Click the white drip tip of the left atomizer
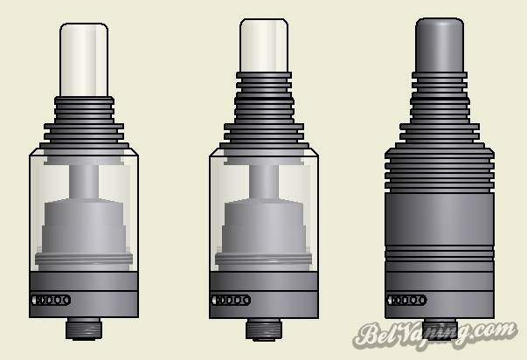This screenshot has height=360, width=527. pyautogui.click(x=84, y=59)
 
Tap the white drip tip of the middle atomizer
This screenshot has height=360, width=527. pyautogui.click(x=264, y=45)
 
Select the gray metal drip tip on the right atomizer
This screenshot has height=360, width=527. pyautogui.click(x=440, y=45)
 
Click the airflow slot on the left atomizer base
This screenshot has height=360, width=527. pyautogui.click(x=51, y=300)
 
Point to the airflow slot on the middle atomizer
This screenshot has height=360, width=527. pyautogui.click(x=231, y=300)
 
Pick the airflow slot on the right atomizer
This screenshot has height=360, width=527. pyautogui.click(x=406, y=300)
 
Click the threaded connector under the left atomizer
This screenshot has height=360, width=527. pyautogui.click(x=84, y=329)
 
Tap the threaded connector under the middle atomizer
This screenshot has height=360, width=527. pyautogui.click(x=264, y=329)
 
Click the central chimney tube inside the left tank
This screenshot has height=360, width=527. pyautogui.click(x=84, y=182)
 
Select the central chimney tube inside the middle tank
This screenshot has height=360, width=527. pyautogui.click(x=264, y=182)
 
